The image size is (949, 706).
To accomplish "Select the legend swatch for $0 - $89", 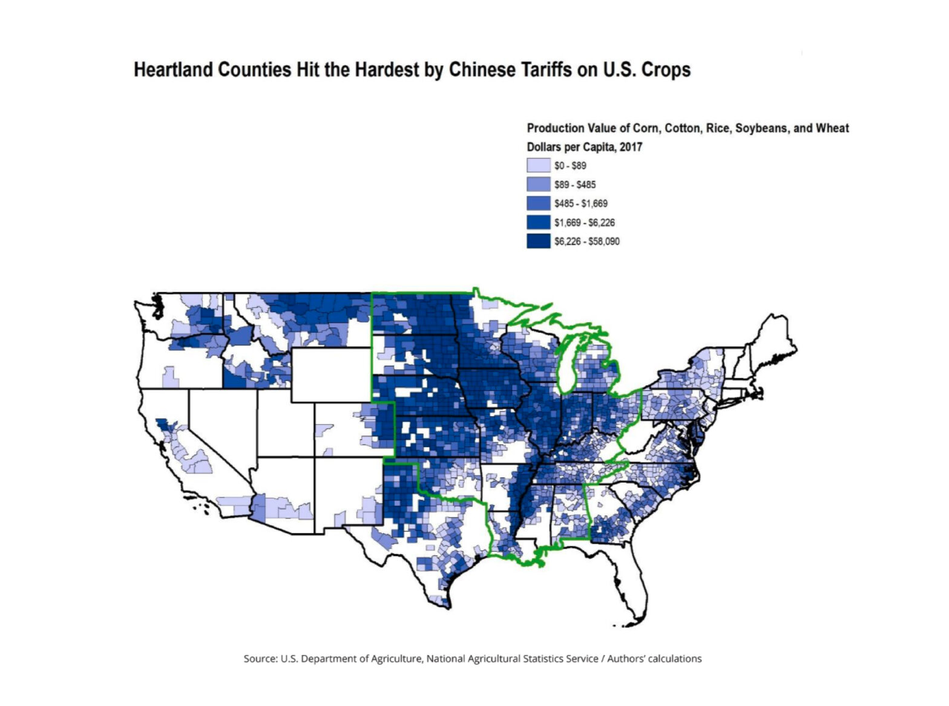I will [538, 166].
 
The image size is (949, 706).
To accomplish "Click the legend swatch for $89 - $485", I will [538, 185].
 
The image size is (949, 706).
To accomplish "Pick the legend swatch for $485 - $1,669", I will [538, 203].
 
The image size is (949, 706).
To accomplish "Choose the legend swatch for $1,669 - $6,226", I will [538, 223].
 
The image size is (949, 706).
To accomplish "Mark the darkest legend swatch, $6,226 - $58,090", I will [538, 241].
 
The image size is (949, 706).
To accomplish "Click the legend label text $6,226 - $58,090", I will [586, 241].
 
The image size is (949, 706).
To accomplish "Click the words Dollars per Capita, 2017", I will [584, 147].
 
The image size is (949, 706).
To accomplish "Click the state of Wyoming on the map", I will [330, 375].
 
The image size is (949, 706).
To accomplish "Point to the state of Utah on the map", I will [284, 423].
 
